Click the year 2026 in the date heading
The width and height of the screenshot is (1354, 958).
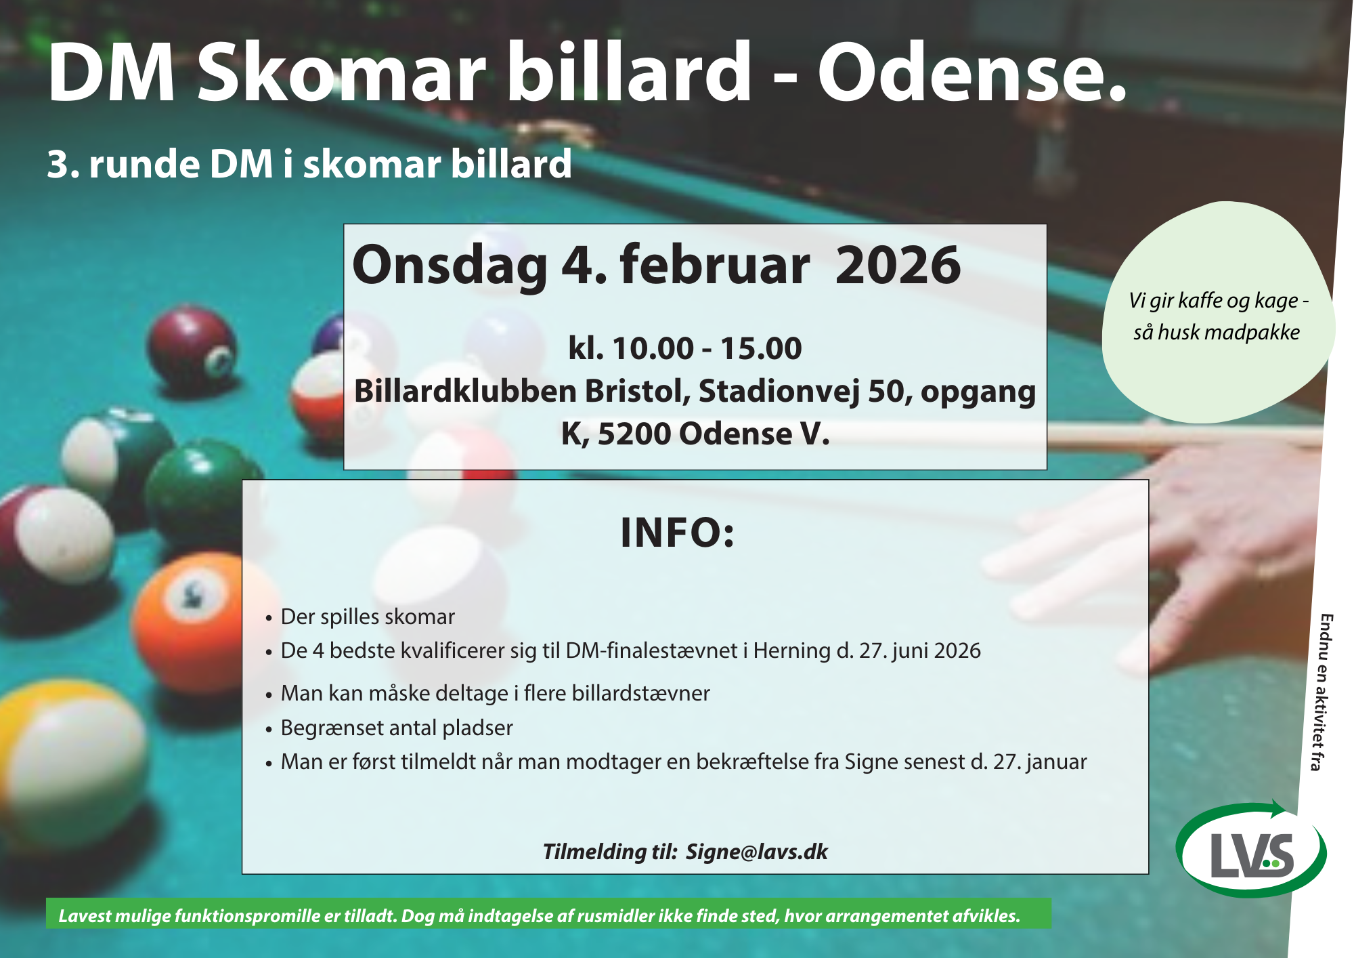click(898, 265)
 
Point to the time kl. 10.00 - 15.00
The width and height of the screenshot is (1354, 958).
click(685, 348)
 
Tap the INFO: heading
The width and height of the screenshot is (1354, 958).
click(677, 533)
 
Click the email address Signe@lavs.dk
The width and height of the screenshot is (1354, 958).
click(756, 852)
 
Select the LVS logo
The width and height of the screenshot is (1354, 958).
click(1252, 849)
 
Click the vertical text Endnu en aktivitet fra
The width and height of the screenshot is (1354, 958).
click(1321, 692)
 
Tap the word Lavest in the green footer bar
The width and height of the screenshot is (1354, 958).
click(85, 916)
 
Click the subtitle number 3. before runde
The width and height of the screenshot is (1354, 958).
click(62, 165)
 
